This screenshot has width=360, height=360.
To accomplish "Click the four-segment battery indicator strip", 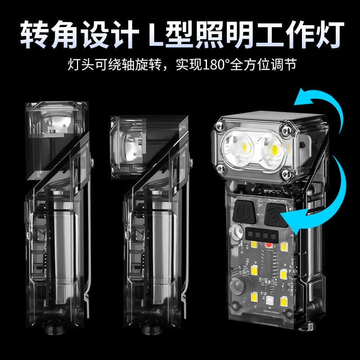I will [261, 235].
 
